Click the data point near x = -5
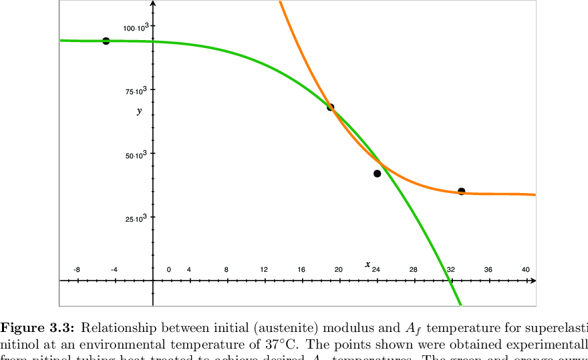tap(106, 41)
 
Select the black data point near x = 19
tap(330, 107)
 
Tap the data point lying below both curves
tap(377, 174)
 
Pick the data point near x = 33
tap(461, 192)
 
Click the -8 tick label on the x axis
tap(77, 270)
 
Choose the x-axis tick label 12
tap(264, 270)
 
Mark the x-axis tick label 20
tap(339, 270)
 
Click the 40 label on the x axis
tap(526, 270)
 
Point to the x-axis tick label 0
tap(168, 270)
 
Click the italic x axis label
tap(367, 264)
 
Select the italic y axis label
tap(139, 111)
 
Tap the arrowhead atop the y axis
tap(154, 4)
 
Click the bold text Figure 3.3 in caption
tap(39, 327)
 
